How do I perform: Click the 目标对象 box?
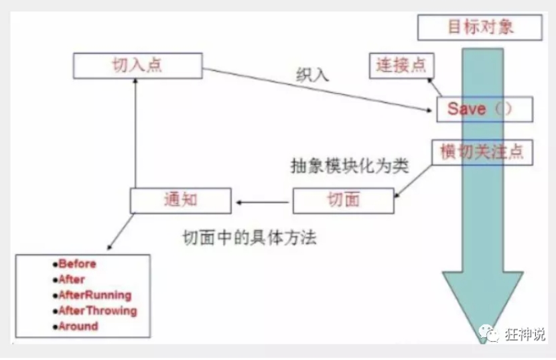pyautogui.click(x=479, y=27)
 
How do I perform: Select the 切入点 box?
pyautogui.click(x=137, y=66)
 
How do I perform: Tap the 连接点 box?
pyautogui.click(x=401, y=65)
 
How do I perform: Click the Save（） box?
pyautogui.click(x=484, y=109)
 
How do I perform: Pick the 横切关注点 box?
pyautogui.click(x=482, y=152)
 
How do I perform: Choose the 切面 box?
pyautogui.click(x=343, y=200)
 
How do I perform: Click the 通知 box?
pyautogui.click(x=180, y=200)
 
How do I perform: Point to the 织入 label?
pyautogui.click(x=312, y=74)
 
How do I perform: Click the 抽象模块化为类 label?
pyautogui.click(x=349, y=166)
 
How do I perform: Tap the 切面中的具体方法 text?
pyautogui.click(x=249, y=239)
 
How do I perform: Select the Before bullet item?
pyautogui.click(x=76, y=264)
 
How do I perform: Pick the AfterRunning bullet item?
pyautogui.click(x=94, y=295)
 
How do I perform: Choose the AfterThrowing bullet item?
pyautogui.click(x=96, y=310)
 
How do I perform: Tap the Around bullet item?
pyautogui.click(x=78, y=326)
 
